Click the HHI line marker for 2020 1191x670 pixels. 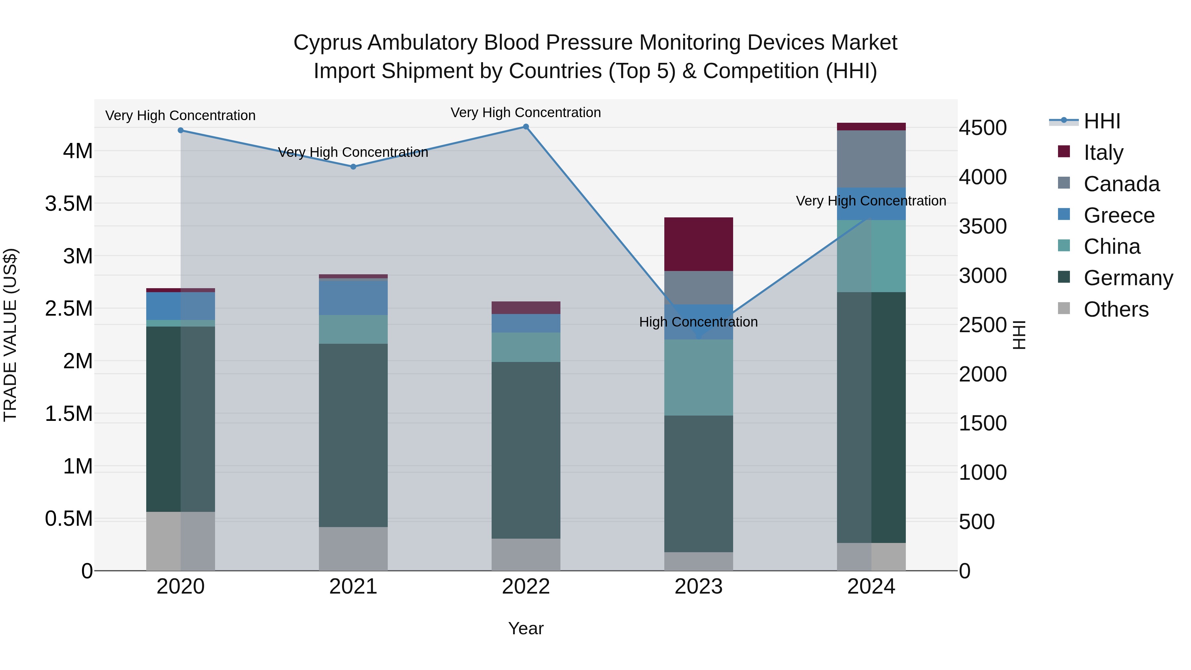[x=181, y=130]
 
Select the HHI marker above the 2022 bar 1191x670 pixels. [x=526, y=127]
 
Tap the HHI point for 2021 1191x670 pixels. [x=353, y=166]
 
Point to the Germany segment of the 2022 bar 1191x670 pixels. [x=526, y=450]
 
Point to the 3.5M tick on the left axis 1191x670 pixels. [x=69, y=203]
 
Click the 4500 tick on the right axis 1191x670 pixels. [x=983, y=128]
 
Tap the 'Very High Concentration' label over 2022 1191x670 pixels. [x=526, y=112]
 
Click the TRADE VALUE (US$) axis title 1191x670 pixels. [x=11, y=335]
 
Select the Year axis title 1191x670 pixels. [x=526, y=628]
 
